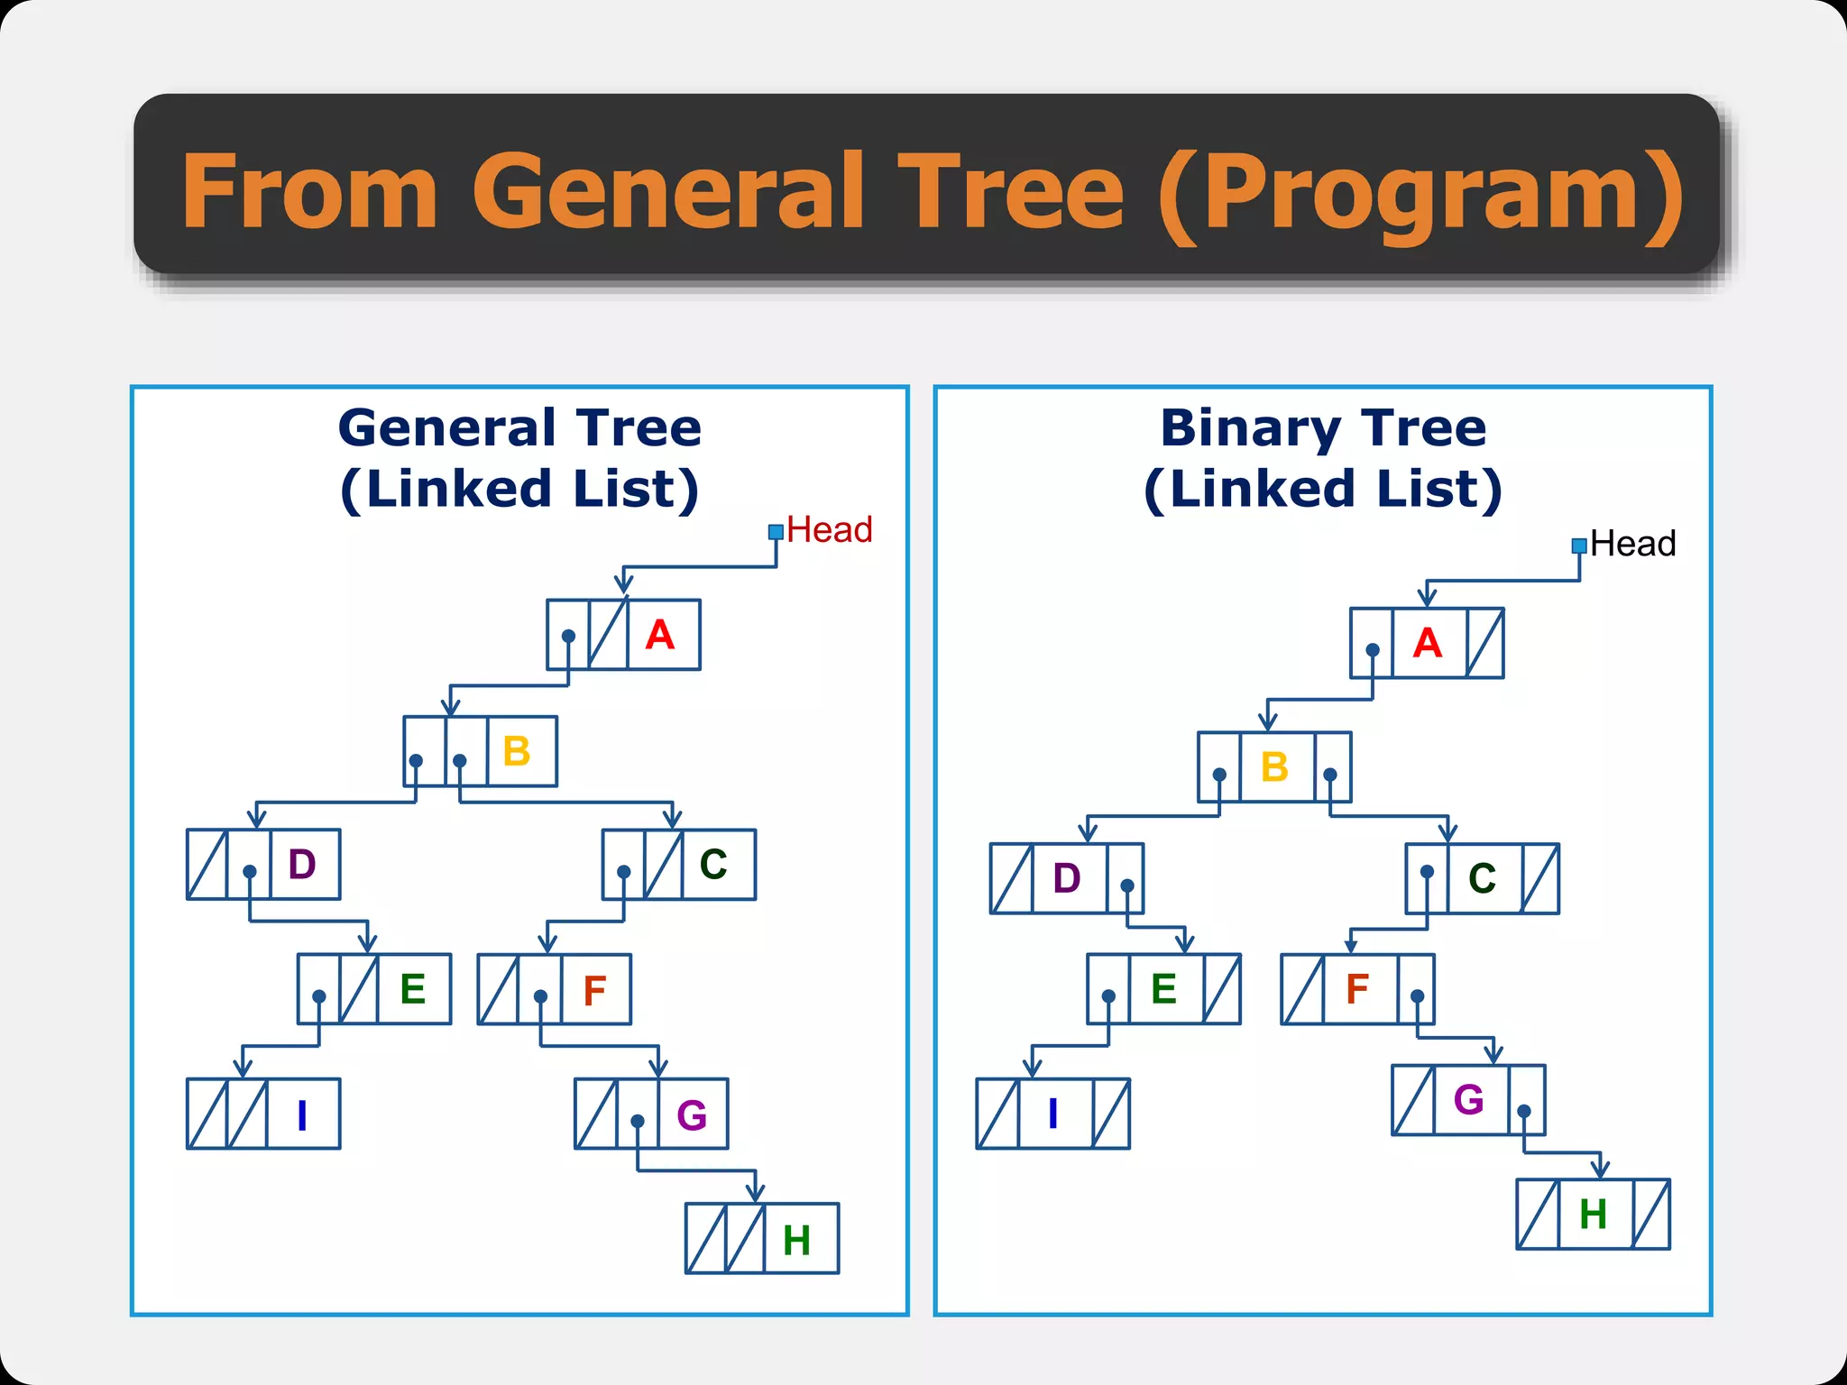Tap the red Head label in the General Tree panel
[x=829, y=530]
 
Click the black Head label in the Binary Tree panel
[x=1632, y=544]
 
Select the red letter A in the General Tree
[x=660, y=635]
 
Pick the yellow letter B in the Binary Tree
[x=1274, y=767]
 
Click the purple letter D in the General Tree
[x=302, y=865]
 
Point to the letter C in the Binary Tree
[x=1482, y=878]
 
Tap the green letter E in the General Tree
[x=412, y=989]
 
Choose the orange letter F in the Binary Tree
[x=1357, y=989]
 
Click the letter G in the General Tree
[x=692, y=1115]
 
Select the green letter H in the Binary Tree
[x=1593, y=1215]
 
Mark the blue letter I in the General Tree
[x=302, y=1115]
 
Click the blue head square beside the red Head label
[x=776, y=532]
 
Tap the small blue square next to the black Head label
[x=1579, y=546]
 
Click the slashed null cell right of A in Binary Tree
[x=1484, y=643]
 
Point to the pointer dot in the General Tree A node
[x=568, y=636]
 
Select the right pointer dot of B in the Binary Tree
[x=1330, y=775]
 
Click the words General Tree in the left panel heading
[x=519, y=427]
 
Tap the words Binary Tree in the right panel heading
[x=1323, y=427]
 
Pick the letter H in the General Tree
[x=796, y=1241]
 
